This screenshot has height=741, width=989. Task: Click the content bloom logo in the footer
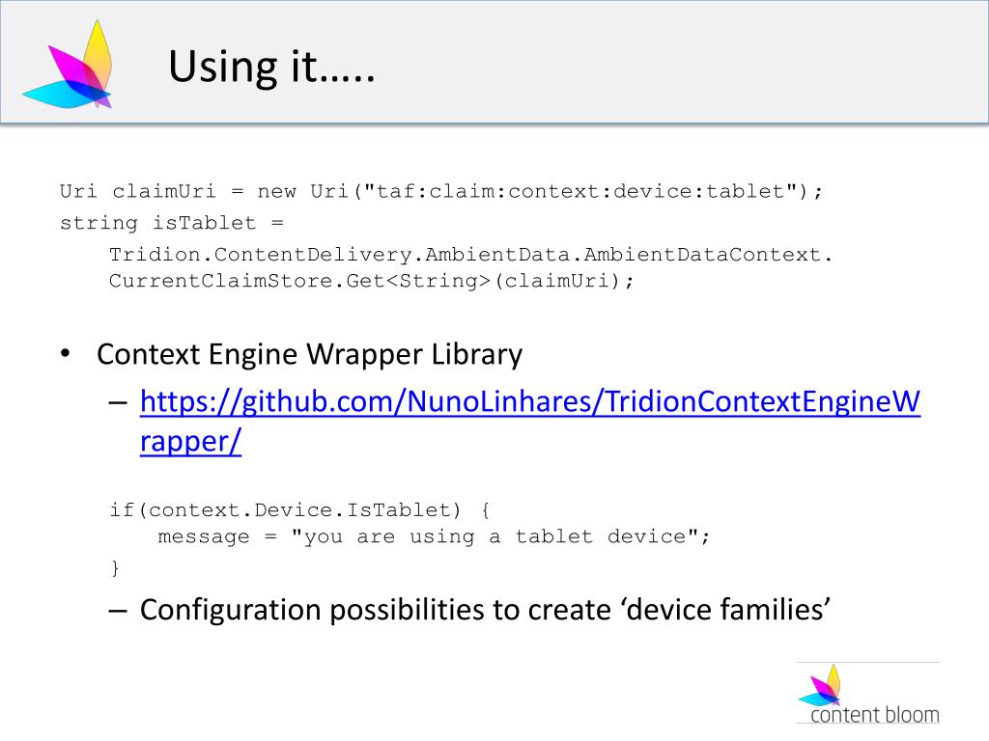[x=867, y=694]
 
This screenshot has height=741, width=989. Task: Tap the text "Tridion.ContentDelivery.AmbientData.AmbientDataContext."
[x=470, y=256]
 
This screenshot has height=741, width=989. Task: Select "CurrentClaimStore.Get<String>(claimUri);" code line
[x=373, y=281]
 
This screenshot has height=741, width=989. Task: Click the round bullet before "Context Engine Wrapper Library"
[x=64, y=354]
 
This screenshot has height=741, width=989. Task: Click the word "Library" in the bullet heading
[x=477, y=354]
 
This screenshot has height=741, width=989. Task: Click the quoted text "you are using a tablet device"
[x=500, y=536]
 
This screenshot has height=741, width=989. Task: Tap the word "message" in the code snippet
[x=204, y=536]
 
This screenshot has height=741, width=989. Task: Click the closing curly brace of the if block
[x=114, y=567]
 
